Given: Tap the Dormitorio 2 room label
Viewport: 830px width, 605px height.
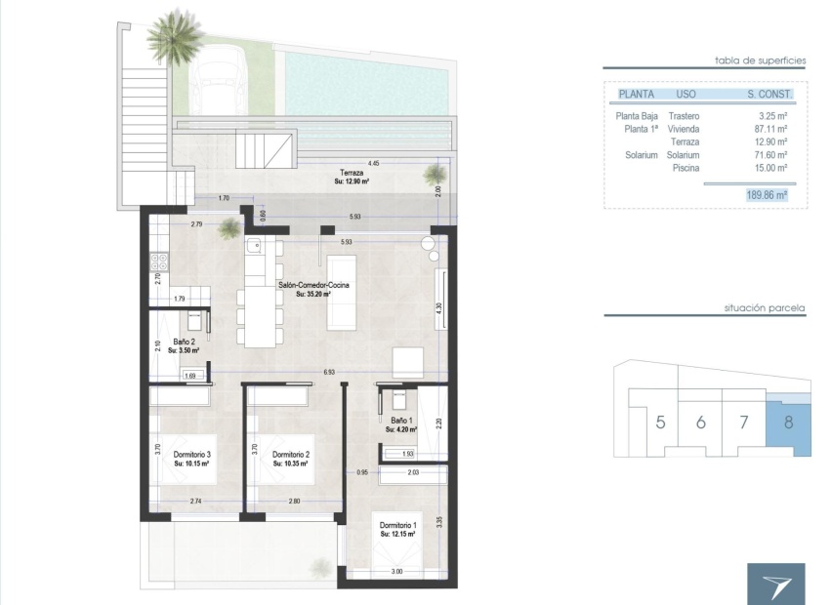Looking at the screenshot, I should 291,455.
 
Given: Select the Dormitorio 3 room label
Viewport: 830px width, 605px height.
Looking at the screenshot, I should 192,455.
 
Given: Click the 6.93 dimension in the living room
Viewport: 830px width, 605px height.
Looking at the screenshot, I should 330,372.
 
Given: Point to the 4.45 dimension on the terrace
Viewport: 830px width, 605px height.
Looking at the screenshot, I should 374,163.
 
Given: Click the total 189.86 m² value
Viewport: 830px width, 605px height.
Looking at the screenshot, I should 766,195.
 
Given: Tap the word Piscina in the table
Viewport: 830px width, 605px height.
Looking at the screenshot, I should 686,168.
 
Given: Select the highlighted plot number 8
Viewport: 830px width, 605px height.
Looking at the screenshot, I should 788,423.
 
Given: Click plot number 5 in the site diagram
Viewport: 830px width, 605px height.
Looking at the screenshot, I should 661,423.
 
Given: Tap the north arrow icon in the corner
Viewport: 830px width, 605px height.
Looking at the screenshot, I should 776,584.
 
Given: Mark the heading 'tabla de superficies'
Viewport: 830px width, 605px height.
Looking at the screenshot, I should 761,60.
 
